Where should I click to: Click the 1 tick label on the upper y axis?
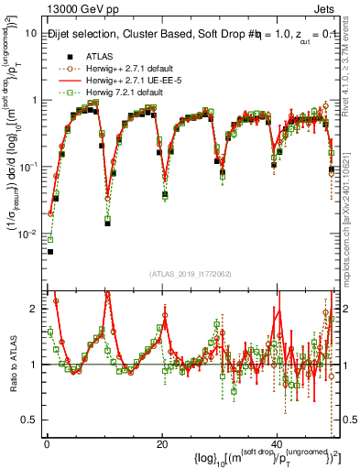(34, 101)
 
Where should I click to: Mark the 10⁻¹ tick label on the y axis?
(28, 167)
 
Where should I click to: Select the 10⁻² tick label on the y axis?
(28, 234)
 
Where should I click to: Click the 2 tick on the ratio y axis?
(35, 309)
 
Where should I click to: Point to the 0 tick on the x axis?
(47, 442)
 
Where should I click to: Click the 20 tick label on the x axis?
(162, 442)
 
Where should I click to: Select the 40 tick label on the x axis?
(277, 442)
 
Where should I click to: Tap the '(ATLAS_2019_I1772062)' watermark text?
(191, 273)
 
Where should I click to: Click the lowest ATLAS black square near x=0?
(50, 251)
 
